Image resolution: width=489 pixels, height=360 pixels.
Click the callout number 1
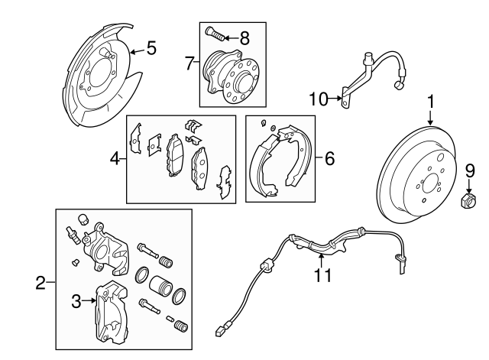pyautogui.click(x=430, y=101)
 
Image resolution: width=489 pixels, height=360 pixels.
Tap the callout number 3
pyautogui.click(x=76, y=303)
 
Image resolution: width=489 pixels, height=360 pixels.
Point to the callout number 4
pyautogui.click(x=115, y=159)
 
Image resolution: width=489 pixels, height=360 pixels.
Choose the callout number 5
pyautogui.click(x=151, y=50)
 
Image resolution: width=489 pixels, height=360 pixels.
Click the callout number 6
pyautogui.click(x=329, y=159)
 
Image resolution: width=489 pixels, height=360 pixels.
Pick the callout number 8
pyautogui.click(x=244, y=36)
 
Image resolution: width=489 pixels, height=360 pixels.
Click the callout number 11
pyautogui.click(x=324, y=275)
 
